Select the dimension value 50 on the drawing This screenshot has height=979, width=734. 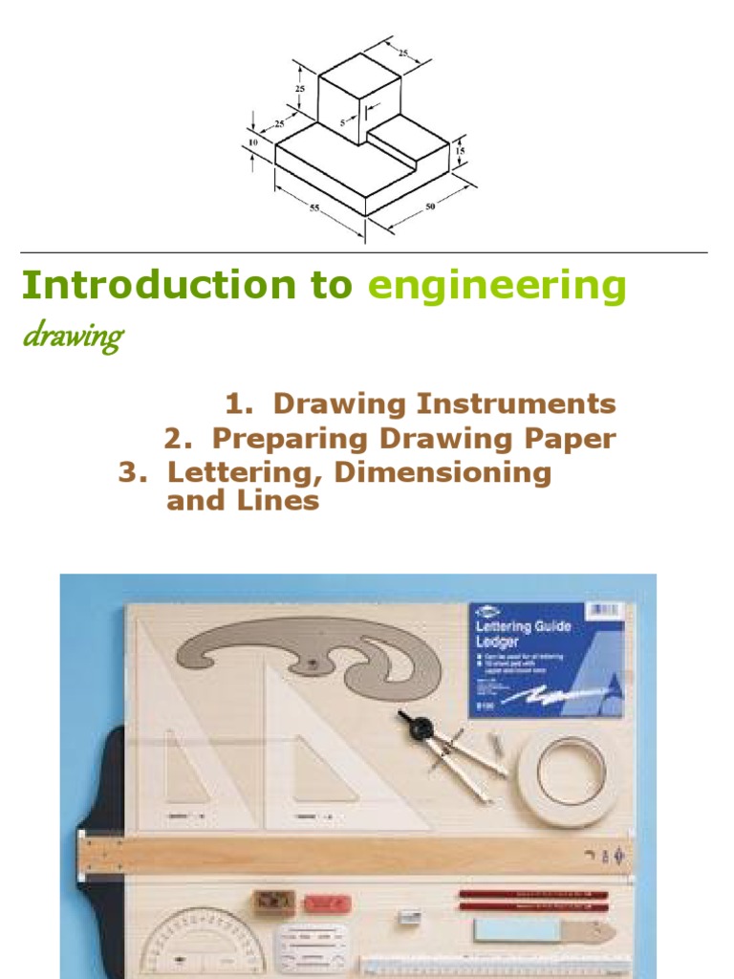click(430, 206)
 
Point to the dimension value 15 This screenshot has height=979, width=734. click(461, 151)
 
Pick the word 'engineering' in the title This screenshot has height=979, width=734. click(497, 285)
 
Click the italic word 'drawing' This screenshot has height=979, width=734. click(72, 337)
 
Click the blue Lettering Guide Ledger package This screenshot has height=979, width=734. click(546, 660)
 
